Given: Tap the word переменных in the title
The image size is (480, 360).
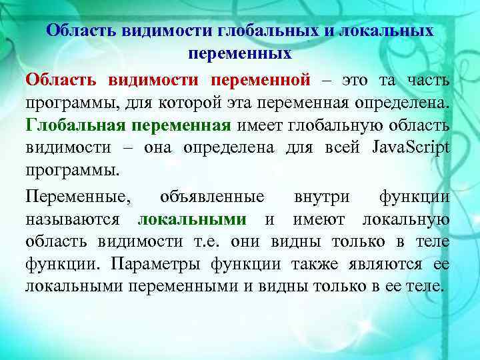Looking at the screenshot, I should (240, 52).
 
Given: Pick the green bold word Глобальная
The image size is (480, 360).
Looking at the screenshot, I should (75, 125).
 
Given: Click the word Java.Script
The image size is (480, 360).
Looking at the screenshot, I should (411, 147).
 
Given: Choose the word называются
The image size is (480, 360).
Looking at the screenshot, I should (73, 219).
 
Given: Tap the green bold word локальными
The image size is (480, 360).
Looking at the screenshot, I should (191, 219).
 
